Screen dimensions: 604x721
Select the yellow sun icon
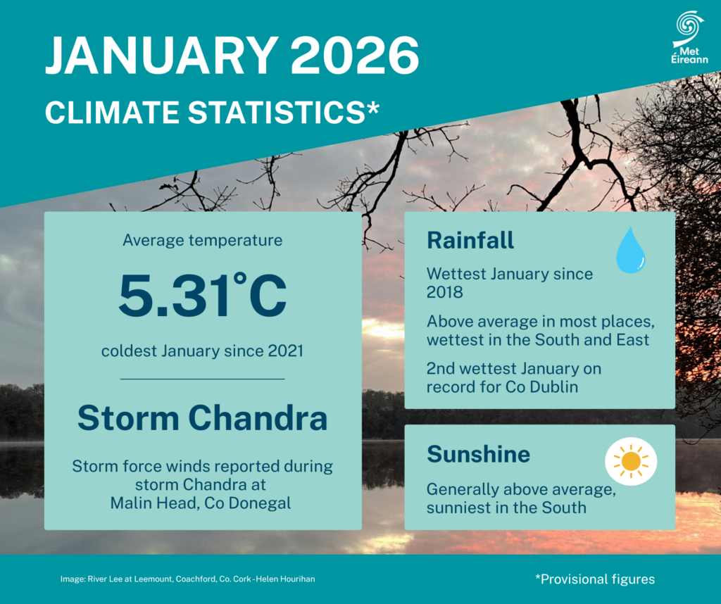pyautogui.click(x=631, y=462)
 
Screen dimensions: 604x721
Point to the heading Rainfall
pyautogui.click(x=470, y=240)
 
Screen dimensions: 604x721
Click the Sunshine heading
pyautogui.click(x=478, y=454)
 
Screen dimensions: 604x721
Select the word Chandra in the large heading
pyautogui.click(x=259, y=418)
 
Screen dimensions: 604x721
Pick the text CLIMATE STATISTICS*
pyautogui.click(x=212, y=112)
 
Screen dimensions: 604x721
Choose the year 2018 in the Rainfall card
pyautogui.click(x=444, y=291)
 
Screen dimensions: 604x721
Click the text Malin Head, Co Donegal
pyautogui.click(x=203, y=503)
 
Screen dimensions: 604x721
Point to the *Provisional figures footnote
pyautogui.click(x=595, y=579)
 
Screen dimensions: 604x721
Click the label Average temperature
pyautogui.click(x=203, y=240)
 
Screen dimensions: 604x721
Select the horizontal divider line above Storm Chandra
pyautogui.click(x=203, y=379)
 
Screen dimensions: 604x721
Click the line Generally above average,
pyautogui.click(x=521, y=490)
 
